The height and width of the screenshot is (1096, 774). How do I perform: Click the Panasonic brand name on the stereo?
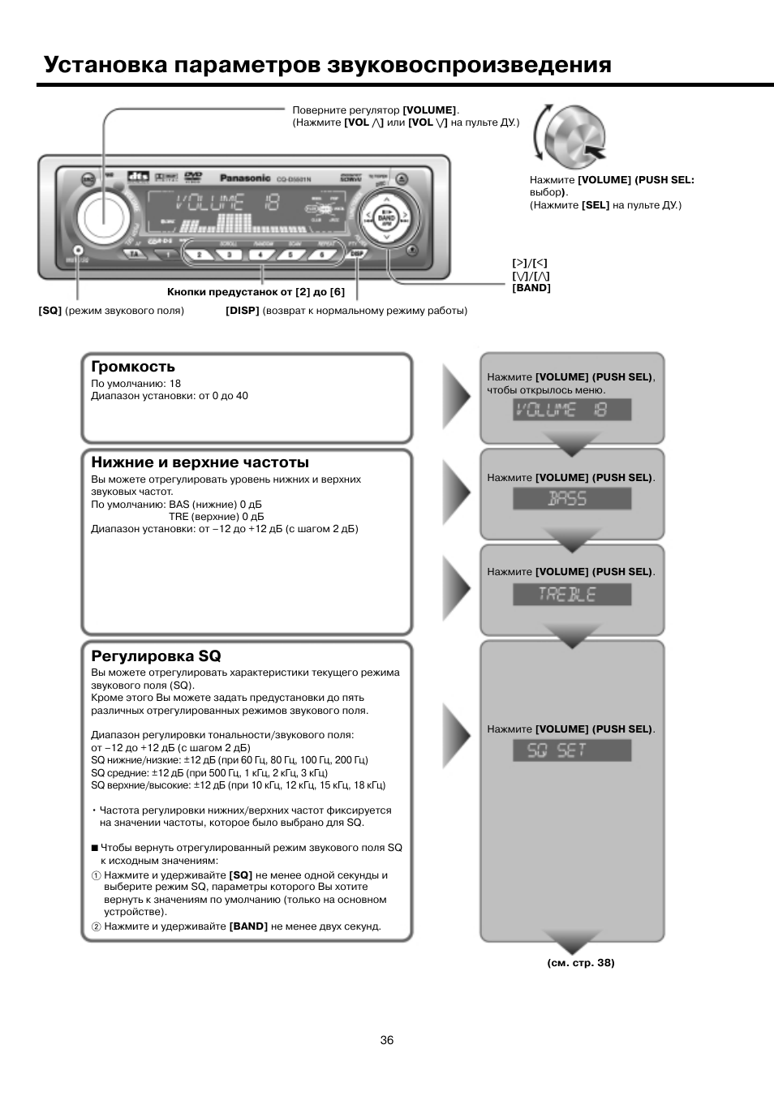pos(245,178)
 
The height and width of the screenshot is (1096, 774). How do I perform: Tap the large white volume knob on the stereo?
pos(104,214)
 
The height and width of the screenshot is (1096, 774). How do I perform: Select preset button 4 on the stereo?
pos(260,255)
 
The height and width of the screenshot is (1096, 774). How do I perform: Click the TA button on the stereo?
pos(133,255)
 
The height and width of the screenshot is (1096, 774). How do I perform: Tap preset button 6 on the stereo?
pos(322,255)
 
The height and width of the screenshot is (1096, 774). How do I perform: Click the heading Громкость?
pos(133,367)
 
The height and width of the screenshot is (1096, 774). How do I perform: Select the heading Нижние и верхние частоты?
pos(200,462)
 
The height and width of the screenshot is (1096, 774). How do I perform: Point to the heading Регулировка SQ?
pos(156,655)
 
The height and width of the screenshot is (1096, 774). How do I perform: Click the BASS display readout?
pos(571,499)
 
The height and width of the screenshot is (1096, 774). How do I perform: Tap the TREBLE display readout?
pos(571,595)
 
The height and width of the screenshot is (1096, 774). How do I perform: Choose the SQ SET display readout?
pos(571,750)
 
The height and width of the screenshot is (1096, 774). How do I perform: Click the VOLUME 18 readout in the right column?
pos(571,410)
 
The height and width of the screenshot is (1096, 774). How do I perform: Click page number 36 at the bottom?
pos(387,1040)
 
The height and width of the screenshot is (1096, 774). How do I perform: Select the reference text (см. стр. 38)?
pos(581,963)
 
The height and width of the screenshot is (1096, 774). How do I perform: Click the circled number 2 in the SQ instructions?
pos(96,926)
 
